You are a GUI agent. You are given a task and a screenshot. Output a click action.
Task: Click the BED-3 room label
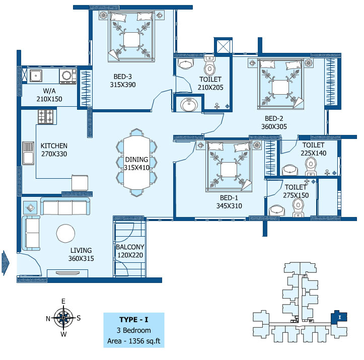click(122, 77)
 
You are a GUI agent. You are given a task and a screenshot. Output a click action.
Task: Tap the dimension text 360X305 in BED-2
click(274, 127)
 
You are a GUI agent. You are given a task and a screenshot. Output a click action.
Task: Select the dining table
click(136, 163)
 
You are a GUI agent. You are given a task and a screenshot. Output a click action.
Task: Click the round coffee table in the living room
click(65, 234)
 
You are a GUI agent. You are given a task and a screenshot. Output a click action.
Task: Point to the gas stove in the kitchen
click(46, 116)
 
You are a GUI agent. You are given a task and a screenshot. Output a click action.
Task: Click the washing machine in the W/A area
click(68, 76)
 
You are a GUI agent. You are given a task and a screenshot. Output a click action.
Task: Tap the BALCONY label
click(130, 247)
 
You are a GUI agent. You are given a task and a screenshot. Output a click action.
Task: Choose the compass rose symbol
click(63, 317)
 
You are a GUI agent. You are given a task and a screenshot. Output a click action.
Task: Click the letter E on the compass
click(63, 301)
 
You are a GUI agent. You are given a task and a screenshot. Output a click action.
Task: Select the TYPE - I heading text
click(134, 320)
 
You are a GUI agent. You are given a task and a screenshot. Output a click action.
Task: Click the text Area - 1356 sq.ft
click(134, 341)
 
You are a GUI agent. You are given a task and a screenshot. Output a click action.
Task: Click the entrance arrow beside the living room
click(6, 263)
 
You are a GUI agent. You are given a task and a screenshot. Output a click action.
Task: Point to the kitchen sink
click(28, 154)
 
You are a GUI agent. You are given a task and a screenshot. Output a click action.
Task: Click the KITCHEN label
click(54, 146)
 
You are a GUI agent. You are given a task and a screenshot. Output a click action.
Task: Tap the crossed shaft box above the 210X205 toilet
click(223, 46)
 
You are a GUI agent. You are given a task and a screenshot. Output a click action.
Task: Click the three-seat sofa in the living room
click(65, 206)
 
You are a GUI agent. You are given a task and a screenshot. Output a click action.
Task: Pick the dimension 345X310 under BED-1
click(229, 206)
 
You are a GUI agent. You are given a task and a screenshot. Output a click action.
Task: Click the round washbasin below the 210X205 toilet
click(189, 105)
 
